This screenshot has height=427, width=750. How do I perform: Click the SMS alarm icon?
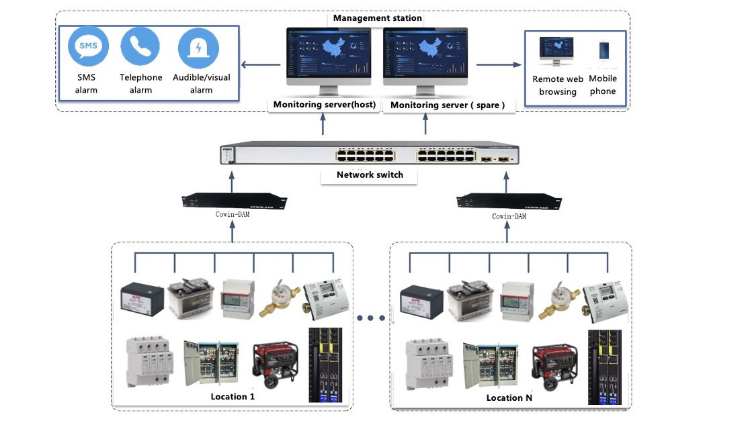pos(88,46)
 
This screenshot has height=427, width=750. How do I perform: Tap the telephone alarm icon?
pos(140,46)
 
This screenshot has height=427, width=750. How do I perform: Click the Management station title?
pos(378,18)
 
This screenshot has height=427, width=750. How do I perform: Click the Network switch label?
pos(370,175)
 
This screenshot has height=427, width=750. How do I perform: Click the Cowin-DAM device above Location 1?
pos(235,200)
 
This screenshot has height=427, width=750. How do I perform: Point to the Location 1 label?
pos(233,397)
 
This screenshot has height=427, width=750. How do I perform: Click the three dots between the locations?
pos(372,318)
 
